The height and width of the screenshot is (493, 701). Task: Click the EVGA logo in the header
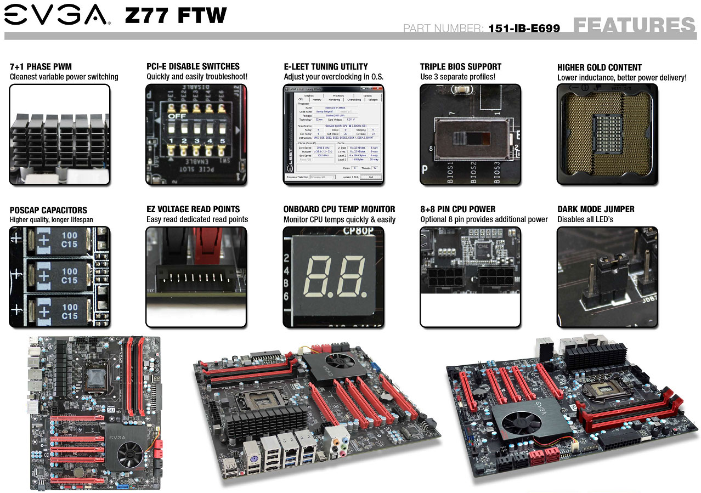(x=56, y=14)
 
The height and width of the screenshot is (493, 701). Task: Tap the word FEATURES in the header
(x=634, y=25)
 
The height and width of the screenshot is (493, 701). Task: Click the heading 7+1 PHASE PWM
(x=41, y=67)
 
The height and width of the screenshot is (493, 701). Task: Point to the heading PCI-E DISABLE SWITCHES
(x=193, y=66)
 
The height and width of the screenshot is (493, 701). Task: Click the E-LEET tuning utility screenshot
(x=333, y=134)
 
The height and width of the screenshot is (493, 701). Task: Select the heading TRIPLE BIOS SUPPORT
(x=461, y=67)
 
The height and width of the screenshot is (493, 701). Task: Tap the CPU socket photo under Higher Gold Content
(x=607, y=134)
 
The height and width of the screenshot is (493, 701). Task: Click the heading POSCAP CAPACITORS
(x=48, y=210)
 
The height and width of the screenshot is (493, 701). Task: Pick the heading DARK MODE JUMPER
(x=596, y=209)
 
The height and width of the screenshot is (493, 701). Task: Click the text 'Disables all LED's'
(x=585, y=219)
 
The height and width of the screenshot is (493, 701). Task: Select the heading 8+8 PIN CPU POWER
(x=457, y=209)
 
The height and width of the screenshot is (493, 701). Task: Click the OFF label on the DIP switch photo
(x=177, y=116)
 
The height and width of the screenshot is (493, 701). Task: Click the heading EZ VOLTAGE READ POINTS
(x=193, y=209)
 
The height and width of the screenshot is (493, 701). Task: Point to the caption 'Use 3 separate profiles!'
(x=457, y=77)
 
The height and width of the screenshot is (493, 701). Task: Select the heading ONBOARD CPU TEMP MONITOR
(x=339, y=209)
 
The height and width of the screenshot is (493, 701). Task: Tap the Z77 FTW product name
(x=176, y=15)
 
